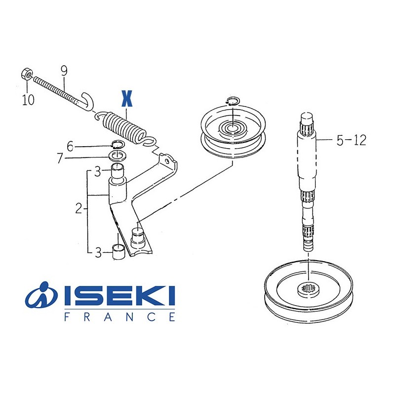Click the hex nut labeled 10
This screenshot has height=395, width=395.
tap(27, 75)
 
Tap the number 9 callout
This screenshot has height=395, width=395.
tap(64, 71)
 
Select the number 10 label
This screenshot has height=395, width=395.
tap(28, 100)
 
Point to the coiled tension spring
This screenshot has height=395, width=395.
tap(126, 128)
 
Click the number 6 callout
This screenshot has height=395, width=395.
tap(70, 146)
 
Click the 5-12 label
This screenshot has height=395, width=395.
tap(351, 141)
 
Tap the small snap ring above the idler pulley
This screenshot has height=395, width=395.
tap(232, 102)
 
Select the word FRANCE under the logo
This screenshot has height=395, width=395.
tap(119, 317)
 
